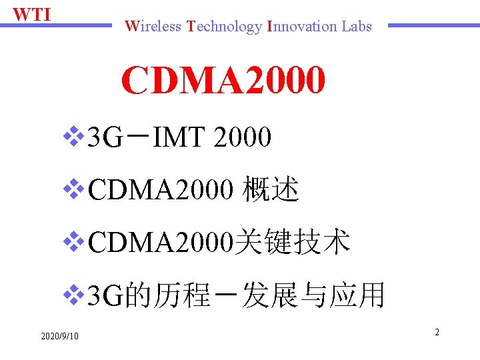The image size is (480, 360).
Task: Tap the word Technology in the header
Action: pyautogui.click(x=225, y=27)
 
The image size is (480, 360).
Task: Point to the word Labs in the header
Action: pyautogui.click(x=357, y=27)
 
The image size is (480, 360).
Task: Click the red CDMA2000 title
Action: pyautogui.click(x=223, y=81)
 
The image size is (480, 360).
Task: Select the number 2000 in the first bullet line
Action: pyautogui.click(x=243, y=138)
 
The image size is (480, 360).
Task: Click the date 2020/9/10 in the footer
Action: pyautogui.click(x=59, y=335)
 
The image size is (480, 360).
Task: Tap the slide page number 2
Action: pyautogui.click(x=437, y=331)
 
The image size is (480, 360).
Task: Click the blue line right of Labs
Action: pyautogui.click(x=433, y=26)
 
